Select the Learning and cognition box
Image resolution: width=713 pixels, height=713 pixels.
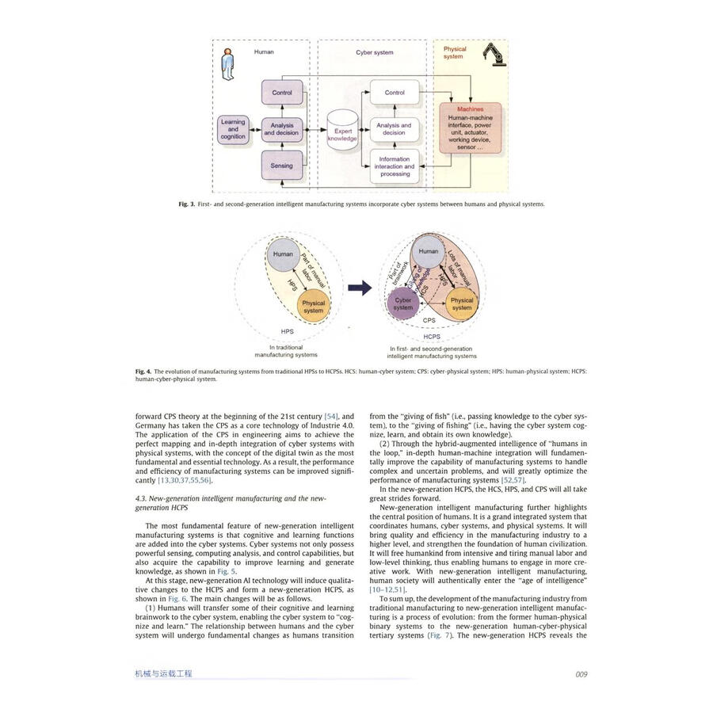[233, 129]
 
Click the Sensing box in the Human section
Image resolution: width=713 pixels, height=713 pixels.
[282, 166]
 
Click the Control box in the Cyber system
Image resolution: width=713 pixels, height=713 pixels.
[395, 93]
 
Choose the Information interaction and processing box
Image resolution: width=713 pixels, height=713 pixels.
[395, 166]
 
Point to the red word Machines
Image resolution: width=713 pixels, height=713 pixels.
[471, 109]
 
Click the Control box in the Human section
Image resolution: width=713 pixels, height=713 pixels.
[282, 93]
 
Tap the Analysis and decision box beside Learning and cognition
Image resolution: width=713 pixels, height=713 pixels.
[282, 129]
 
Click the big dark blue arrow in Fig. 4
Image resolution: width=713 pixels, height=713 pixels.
[360, 288]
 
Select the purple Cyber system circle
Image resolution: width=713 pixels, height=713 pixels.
[403, 304]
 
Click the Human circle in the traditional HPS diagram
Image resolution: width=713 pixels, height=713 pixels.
[283, 254]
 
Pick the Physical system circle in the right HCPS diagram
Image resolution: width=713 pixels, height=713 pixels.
[462, 303]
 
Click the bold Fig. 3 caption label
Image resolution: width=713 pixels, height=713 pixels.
[187, 204]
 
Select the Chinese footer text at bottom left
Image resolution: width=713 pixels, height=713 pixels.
[163, 674]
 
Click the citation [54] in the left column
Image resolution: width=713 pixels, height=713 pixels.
[310, 415]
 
